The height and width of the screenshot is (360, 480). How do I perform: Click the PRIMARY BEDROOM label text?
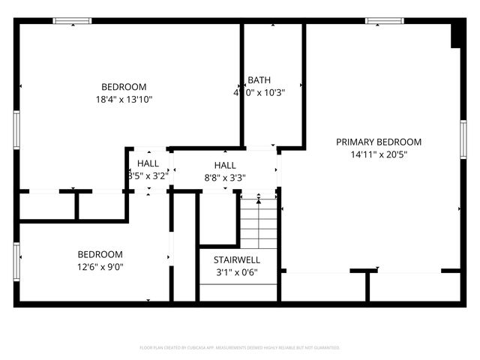coord(378,142)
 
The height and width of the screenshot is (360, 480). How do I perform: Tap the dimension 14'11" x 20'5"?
coord(378,155)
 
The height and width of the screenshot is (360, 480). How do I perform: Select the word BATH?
coord(259,80)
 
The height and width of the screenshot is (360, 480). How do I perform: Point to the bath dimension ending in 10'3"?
coord(259,93)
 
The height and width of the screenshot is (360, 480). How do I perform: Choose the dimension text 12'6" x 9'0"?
coord(100,266)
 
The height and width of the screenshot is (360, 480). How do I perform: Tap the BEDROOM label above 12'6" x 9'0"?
coord(100,254)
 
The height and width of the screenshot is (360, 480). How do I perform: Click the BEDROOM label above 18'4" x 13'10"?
coord(124,87)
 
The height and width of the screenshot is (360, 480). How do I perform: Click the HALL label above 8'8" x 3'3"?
coord(225,165)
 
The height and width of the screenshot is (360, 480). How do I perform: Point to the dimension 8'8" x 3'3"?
coord(225,178)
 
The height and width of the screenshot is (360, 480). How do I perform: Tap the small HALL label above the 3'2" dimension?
coord(148,163)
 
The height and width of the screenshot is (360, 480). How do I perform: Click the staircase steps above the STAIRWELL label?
coord(259,221)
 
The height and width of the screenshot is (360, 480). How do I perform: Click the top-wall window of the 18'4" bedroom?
coord(73,20)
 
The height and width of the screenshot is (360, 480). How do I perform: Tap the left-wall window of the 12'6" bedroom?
coord(16,260)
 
